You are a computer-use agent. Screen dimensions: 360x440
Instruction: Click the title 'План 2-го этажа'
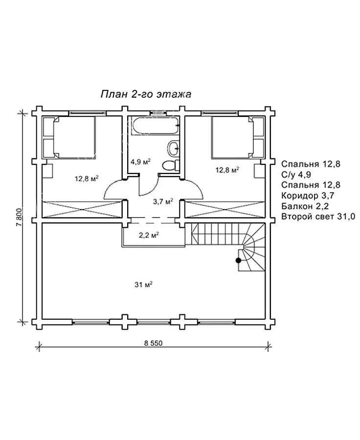(x=146, y=94)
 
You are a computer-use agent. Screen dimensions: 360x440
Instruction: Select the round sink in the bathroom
(x=174, y=148)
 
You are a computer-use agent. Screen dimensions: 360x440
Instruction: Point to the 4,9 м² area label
(x=141, y=162)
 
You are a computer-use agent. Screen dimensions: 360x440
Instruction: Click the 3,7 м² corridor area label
(x=163, y=201)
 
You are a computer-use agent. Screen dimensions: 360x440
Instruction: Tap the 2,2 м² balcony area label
(x=149, y=235)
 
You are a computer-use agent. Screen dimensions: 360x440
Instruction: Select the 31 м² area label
(x=143, y=285)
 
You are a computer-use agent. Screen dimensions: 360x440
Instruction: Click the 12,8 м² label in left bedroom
(x=87, y=178)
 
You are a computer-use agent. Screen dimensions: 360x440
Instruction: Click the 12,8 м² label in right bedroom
(x=227, y=170)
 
